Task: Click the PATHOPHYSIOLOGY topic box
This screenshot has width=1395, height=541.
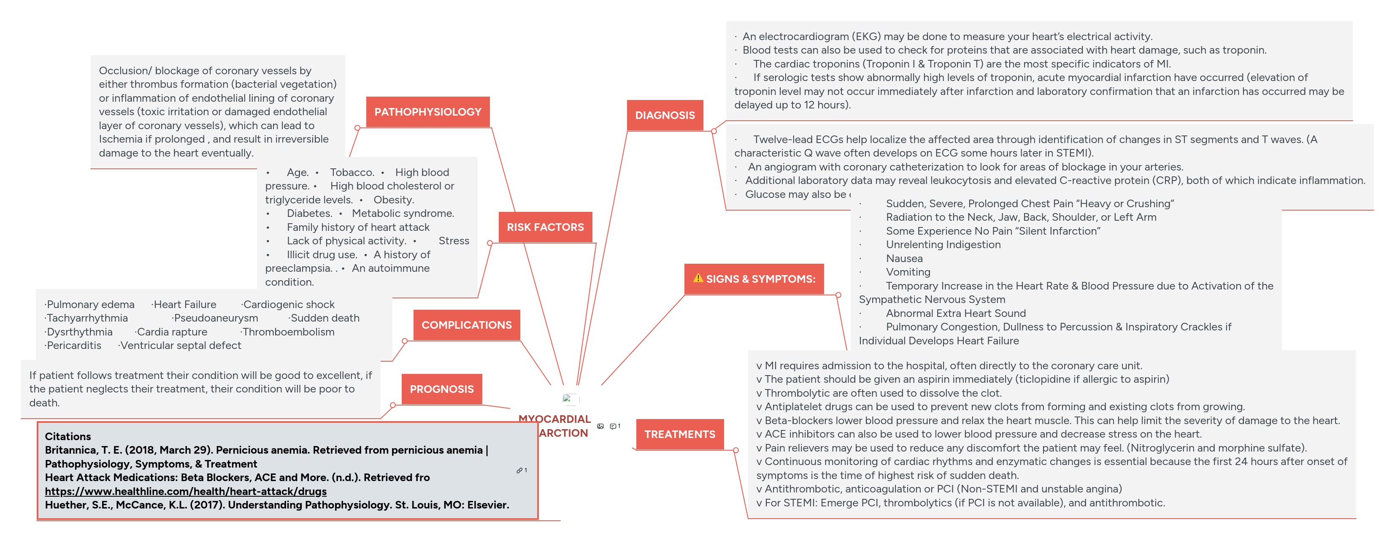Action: click(x=427, y=112)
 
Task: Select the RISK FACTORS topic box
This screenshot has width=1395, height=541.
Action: click(x=545, y=227)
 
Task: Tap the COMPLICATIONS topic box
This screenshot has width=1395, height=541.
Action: click(x=466, y=325)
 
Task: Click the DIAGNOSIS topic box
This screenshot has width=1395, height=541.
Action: click(x=665, y=115)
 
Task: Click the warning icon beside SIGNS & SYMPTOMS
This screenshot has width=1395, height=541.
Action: click(x=698, y=279)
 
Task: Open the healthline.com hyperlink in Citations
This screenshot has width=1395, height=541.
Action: click(x=186, y=491)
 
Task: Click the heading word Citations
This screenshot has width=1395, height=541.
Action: click(x=68, y=436)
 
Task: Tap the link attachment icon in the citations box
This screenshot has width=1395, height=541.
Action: click(x=519, y=471)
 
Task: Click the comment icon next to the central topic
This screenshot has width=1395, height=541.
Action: click(x=613, y=426)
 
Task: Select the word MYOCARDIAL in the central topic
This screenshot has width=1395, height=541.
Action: click(x=554, y=419)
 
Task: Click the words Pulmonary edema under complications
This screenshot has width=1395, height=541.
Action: click(x=90, y=304)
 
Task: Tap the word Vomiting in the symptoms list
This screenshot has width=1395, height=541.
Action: click(x=908, y=272)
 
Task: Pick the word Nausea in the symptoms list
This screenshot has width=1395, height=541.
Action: click(x=904, y=258)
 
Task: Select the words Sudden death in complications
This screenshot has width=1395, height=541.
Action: click(x=325, y=318)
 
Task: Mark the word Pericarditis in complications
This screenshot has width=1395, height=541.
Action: click(x=74, y=346)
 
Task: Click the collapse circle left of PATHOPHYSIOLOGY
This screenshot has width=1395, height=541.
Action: click(x=357, y=128)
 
